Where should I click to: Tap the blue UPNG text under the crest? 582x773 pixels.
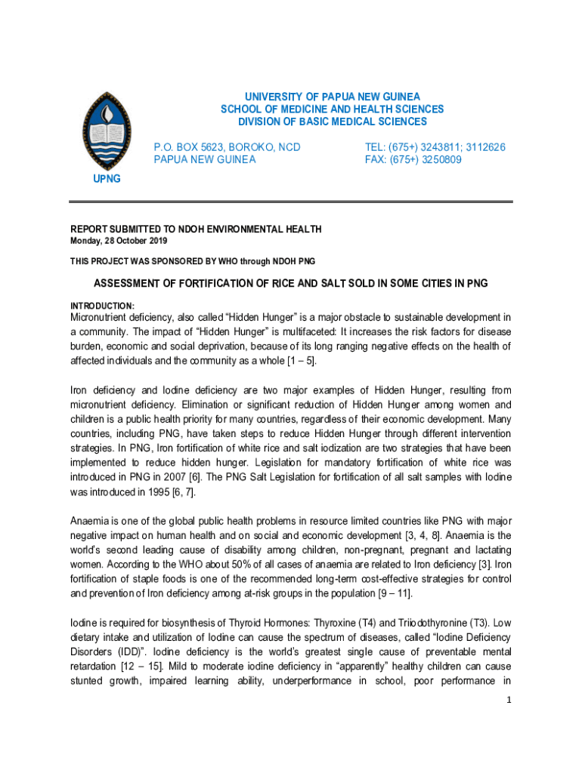click(x=106, y=179)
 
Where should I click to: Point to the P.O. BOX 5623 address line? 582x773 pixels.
click(x=227, y=147)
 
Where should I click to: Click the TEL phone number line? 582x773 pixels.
click(x=435, y=147)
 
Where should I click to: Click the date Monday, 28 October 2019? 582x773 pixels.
click(x=119, y=241)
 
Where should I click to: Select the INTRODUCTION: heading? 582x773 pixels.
click(x=103, y=306)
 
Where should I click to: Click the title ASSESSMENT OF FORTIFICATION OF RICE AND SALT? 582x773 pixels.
click(x=290, y=284)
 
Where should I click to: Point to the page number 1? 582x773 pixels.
click(x=508, y=700)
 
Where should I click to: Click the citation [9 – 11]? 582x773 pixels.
click(x=395, y=593)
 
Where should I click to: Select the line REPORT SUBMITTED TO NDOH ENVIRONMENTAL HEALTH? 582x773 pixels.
click(x=196, y=229)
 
